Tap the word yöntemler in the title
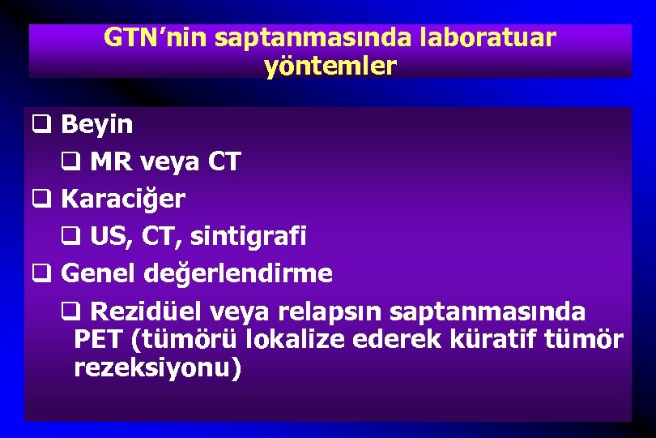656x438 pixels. click(330, 66)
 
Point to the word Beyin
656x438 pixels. click(97, 125)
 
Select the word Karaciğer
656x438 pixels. click(123, 199)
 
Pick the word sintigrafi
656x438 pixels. click(258, 236)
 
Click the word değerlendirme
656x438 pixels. click(237, 273)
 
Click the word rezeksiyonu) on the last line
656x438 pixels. click(157, 367)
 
